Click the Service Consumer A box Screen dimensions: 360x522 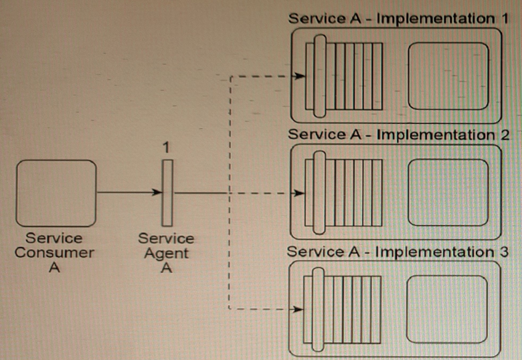coord(56,193)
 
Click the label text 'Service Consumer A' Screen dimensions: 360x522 coord(55,253)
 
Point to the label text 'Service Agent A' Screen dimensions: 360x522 coord(166,253)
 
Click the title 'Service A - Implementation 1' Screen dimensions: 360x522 coord(398,18)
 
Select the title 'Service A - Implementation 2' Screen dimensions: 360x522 coord(398,134)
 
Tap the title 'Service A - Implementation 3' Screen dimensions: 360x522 coord(398,252)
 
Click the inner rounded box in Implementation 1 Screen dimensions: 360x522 coord(448,76)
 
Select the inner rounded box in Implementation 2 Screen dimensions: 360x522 coord(448,193)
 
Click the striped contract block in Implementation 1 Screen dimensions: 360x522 coord(343,76)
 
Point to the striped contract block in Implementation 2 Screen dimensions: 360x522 coord(343,193)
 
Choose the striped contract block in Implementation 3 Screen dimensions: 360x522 coord(342,309)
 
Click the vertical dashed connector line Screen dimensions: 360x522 coord(230,254)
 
